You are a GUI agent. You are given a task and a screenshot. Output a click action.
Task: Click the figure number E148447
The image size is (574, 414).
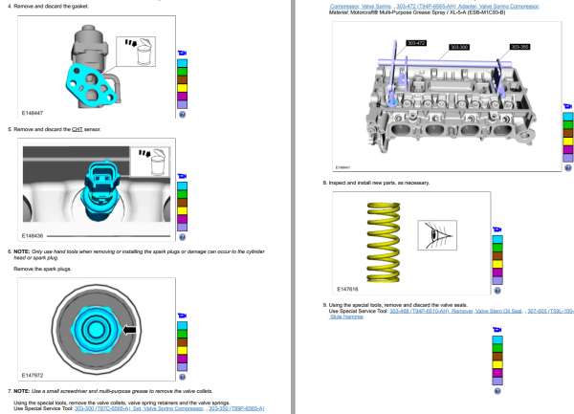tap(33, 113)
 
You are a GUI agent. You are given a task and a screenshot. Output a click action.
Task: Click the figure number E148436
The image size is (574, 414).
tap(33, 233)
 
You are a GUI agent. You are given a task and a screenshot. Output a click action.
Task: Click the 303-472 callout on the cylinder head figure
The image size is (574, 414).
tap(416, 43)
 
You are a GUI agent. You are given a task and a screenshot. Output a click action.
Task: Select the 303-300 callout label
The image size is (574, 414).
tap(458, 46)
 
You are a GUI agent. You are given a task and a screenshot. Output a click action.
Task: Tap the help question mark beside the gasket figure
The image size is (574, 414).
tap(182, 114)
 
